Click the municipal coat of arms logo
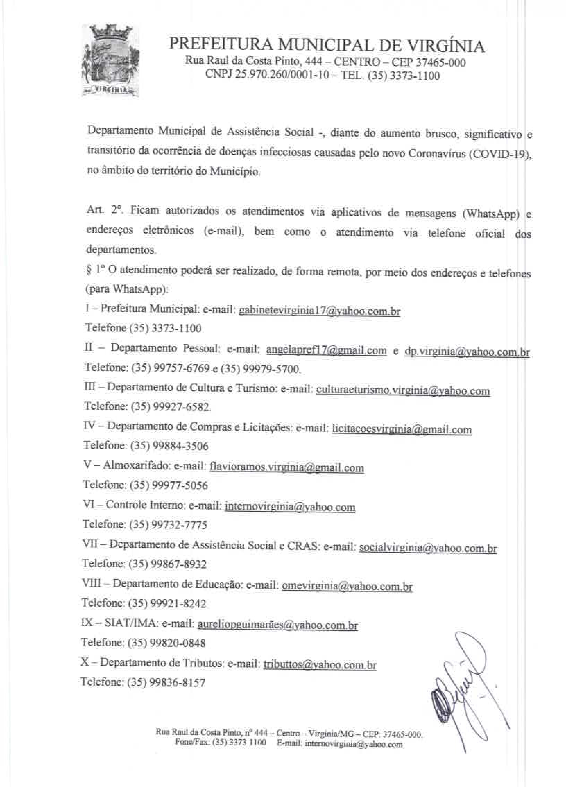coord(110,61)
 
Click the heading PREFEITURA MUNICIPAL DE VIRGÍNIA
coord(326,45)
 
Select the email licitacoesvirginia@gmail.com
coord(402,430)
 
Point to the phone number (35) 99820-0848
coord(167,643)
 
